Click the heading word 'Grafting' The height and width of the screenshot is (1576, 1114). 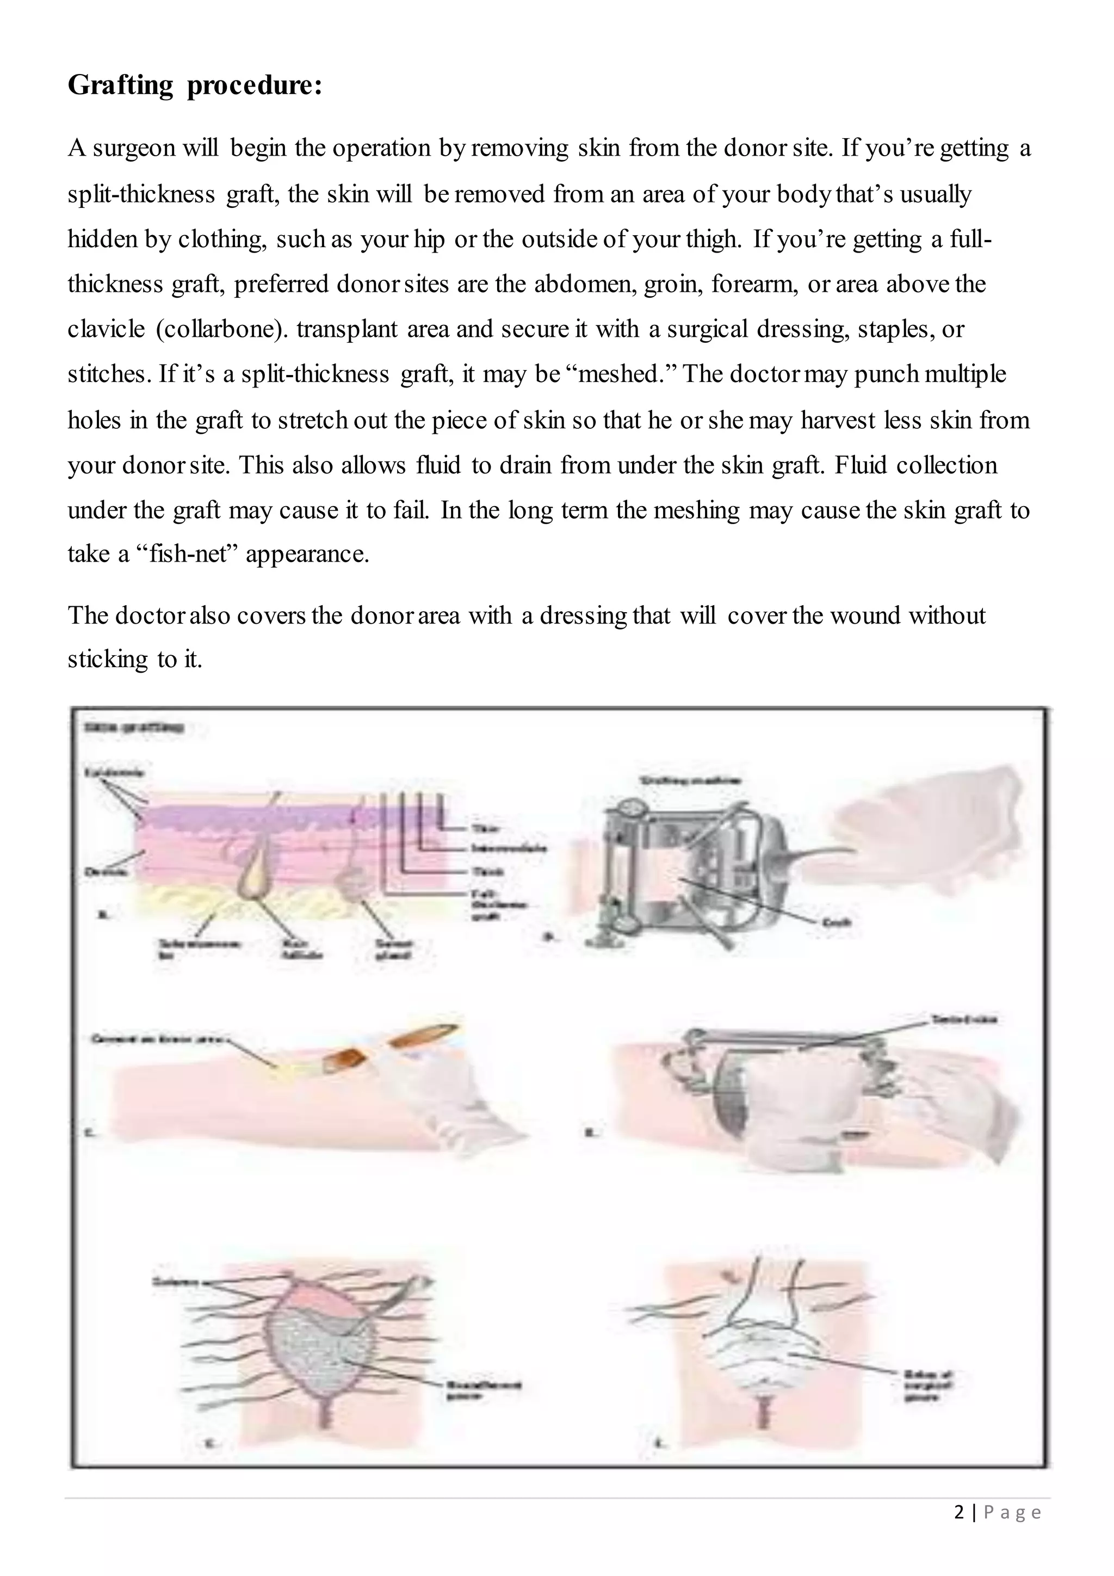coord(121,85)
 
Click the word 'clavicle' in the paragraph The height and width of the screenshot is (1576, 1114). coord(106,329)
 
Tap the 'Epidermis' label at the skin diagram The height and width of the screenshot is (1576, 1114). coord(114,772)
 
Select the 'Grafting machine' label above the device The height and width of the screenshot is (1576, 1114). coord(690,780)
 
